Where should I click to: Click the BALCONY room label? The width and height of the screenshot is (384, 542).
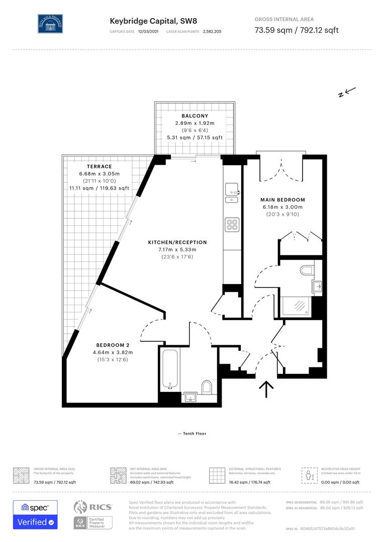tap(195, 116)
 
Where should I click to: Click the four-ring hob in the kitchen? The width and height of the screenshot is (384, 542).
tap(232, 224)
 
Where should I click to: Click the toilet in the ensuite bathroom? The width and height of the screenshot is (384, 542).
tap(306, 271)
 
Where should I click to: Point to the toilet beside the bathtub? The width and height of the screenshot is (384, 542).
tap(207, 387)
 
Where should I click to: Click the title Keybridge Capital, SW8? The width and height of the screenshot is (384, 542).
tap(143, 21)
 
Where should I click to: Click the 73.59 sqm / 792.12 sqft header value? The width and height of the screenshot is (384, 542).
tap(297, 30)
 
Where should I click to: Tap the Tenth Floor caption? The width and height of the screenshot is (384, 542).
tap(192, 434)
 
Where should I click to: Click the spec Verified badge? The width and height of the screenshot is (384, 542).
tap(35, 514)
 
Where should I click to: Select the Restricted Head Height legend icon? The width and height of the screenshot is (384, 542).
tap(307, 474)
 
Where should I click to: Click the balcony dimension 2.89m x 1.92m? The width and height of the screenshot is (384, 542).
tap(195, 123)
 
